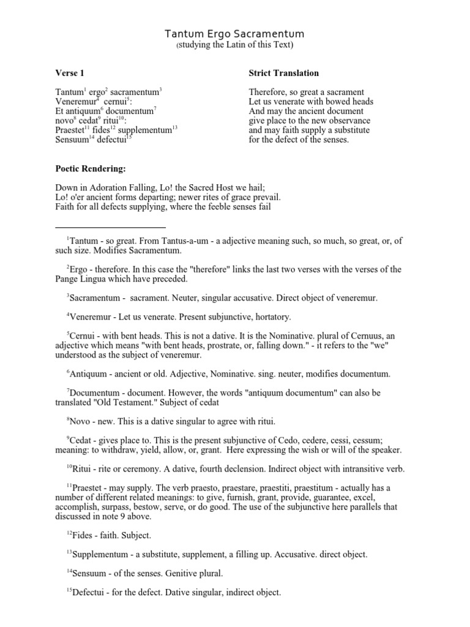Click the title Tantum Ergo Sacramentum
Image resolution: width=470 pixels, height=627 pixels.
click(x=235, y=34)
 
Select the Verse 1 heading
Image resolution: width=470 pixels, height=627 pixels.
click(x=70, y=73)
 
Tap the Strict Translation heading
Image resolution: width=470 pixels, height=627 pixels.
click(x=283, y=73)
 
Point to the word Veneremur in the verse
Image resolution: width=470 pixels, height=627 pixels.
click(x=76, y=102)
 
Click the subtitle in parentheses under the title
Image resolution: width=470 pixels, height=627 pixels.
click(x=235, y=45)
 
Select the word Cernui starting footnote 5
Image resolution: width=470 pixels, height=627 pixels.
click(x=84, y=335)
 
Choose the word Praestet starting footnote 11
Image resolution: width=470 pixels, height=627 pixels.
click(x=88, y=488)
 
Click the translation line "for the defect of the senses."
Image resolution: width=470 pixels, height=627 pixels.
click(x=299, y=140)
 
